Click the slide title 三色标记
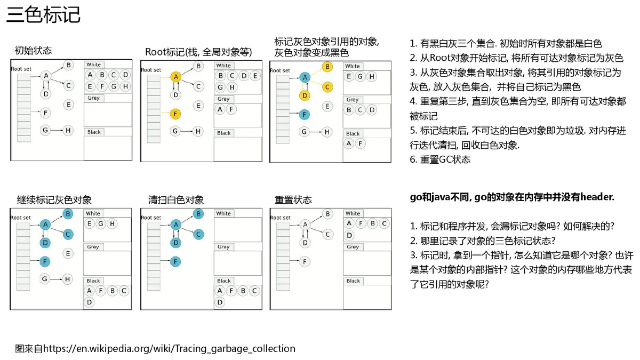pos(43,15)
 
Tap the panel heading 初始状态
pos(33,51)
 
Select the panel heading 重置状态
pos(293,199)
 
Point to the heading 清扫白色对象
pos(176,199)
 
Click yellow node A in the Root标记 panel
pos(175,77)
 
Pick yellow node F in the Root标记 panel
pos(175,114)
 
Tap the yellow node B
pos(327,67)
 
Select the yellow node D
pos(305,95)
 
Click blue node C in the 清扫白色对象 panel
pos(198,234)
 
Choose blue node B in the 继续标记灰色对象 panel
pos(68,214)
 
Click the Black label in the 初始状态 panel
pos(94,132)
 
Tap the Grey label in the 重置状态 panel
pos(353,246)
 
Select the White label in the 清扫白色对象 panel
pos(223,213)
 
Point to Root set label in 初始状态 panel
pos(21,69)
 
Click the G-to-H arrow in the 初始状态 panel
pos(57,130)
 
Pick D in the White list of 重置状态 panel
pos(349,235)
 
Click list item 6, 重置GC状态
pos(440,159)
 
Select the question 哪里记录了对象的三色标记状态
pos(483,241)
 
